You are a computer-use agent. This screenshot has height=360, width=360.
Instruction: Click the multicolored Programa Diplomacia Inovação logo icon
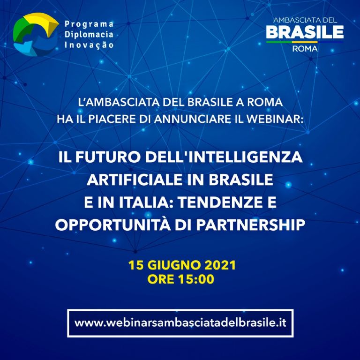[36, 34]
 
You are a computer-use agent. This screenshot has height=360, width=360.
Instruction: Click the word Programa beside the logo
[89, 24]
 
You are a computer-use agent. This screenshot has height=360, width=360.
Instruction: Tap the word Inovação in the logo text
[89, 45]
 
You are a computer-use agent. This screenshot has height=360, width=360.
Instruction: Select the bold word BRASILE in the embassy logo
[305, 32]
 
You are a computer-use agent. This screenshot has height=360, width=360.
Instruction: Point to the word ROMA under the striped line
[305, 49]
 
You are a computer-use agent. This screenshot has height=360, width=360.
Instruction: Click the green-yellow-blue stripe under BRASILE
[305, 42]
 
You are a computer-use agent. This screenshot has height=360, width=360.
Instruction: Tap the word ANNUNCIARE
[192, 119]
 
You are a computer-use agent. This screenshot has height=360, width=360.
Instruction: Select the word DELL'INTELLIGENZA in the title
[224, 157]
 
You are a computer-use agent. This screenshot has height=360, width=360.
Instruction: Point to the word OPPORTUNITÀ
[113, 225]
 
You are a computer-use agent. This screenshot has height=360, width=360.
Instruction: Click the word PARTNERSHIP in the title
[251, 225]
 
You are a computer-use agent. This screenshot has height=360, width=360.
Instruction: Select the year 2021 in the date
[220, 265]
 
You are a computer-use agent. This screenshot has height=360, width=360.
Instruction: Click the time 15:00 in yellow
[196, 279]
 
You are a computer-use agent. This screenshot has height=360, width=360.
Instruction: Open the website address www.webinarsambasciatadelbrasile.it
[180, 323]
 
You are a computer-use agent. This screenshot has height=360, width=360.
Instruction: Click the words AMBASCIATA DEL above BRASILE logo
[305, 20]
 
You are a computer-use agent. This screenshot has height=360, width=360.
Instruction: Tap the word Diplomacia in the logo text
[89, 34]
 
